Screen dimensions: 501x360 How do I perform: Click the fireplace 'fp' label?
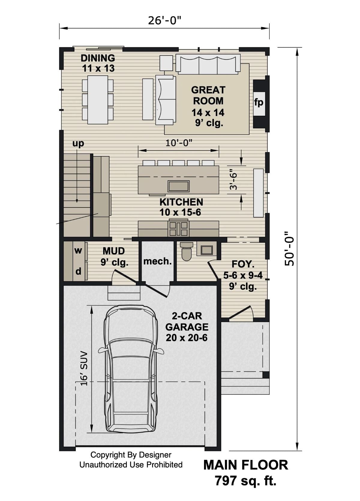click(x=259, y=102)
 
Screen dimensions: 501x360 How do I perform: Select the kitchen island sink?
click(x=178, y=186)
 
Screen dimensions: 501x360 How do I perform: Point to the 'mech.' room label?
click(x=157, y=261)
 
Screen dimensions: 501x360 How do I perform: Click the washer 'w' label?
click(x=78, y=250)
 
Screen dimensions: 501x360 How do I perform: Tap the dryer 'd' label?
click(x=78, y=271)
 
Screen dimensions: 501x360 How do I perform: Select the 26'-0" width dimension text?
click(x=165, y=20)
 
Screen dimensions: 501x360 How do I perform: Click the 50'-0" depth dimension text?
click(x=290, y=249)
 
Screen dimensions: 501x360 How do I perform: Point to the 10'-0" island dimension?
click(x=179, y=143)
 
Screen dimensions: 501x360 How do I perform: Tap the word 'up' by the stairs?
click(x=78, y=143)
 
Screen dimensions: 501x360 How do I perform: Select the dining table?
click(x=98, y=100)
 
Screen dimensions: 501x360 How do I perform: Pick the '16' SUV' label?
click(x=84, y=368)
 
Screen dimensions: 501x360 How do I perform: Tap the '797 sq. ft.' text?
click(x=245, y=481)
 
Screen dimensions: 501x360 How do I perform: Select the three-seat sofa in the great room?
click(x=208, y=64)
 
